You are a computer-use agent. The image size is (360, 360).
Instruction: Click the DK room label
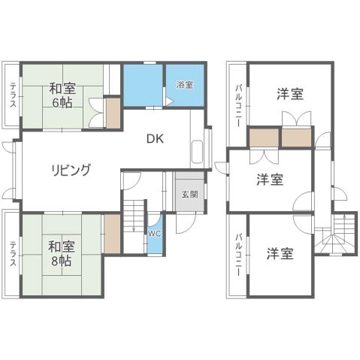155,138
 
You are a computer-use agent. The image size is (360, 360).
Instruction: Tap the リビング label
71,169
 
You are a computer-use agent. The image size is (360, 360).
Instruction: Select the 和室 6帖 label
62,94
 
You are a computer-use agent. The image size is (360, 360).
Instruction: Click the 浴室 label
184,85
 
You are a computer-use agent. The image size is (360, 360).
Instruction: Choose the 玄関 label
189,194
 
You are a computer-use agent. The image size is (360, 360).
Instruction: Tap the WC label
154,234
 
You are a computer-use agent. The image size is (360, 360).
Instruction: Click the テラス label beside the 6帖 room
13,94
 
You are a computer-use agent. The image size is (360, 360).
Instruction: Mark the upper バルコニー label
238,105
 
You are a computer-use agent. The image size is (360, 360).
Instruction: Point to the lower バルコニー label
238,256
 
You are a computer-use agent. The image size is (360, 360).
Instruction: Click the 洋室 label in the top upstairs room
290,94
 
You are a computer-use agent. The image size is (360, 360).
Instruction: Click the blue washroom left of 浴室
144,86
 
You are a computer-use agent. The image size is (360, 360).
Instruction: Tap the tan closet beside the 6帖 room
113,112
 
